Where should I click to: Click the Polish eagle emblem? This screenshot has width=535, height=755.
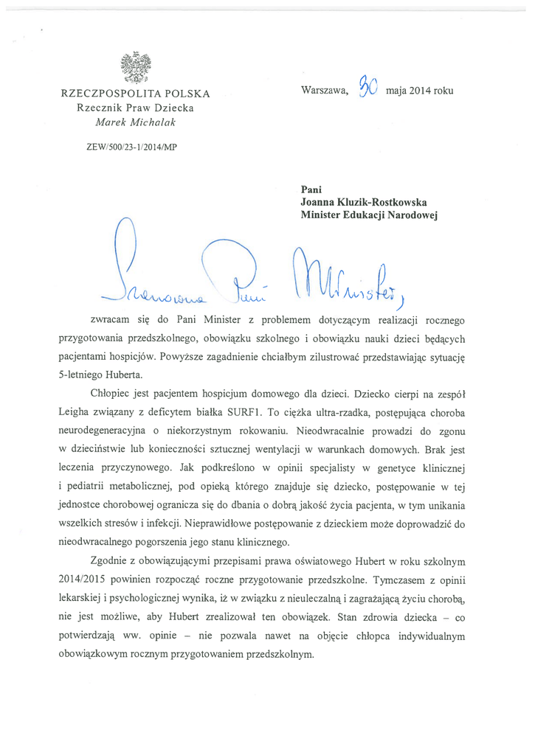click(x=135, y=67)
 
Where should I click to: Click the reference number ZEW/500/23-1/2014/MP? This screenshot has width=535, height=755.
click(x=131, y=147)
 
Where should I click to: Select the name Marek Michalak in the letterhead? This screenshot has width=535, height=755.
click(x=134, y=122)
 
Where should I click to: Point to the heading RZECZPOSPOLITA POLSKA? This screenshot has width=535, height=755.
click(x=136, y=94)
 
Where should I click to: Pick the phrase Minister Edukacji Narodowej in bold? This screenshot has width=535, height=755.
click(x=370, y=215)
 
